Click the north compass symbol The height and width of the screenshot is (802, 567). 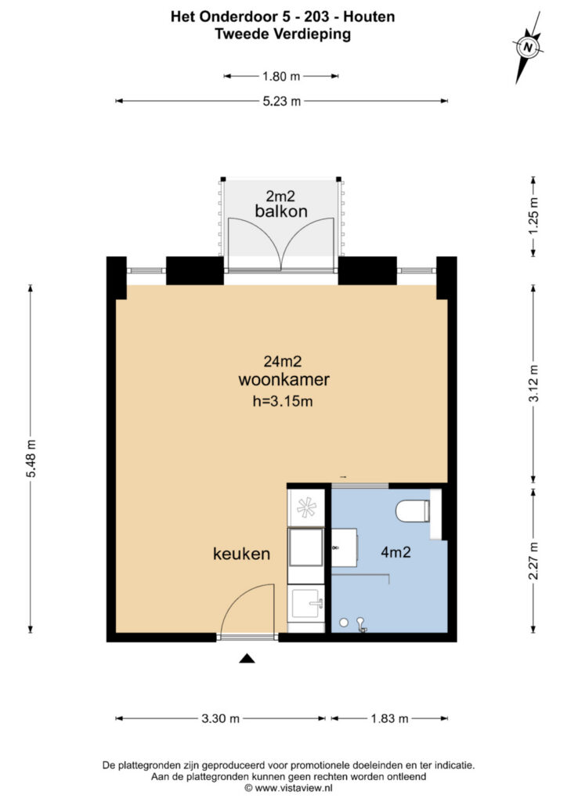[x=528, y=48]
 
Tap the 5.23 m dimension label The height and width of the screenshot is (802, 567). [x=282, y=101]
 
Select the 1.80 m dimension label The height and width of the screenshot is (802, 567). [x=281, y=77]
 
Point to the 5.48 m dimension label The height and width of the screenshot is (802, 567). [x=31, y=458]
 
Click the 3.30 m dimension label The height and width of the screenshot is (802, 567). [x=220, y=719]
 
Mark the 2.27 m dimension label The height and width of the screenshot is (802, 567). [x=534, y=561]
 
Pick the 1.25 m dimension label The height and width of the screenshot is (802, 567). [x=534, y=216]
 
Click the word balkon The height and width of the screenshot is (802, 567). [x=281, y=211]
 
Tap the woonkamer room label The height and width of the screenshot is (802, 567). [x=283, y=380]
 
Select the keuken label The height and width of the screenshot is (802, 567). [x=241, y=554]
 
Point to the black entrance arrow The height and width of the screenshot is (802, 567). [x=247, y=659]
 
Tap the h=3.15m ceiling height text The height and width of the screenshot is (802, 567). [x=283, y=402]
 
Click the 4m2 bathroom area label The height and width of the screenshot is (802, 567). [x=395, y=552]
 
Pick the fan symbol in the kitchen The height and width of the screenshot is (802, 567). [x=306, y=508]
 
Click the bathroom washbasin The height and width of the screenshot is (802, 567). [x=345, y=547]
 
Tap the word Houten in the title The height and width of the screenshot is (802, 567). [x=369, y=17]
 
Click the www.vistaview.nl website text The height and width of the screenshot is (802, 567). [x=294, y=788]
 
